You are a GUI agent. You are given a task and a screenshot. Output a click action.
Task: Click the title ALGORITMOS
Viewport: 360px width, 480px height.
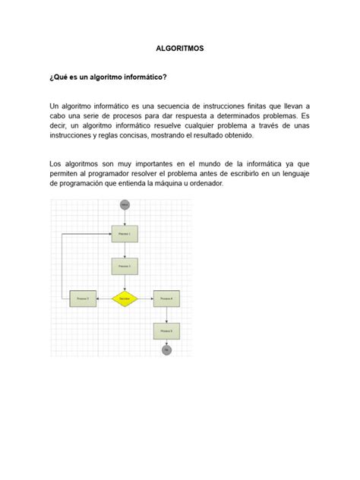point(179,48)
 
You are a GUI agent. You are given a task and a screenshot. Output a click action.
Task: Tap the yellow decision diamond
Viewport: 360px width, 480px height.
point(125,299)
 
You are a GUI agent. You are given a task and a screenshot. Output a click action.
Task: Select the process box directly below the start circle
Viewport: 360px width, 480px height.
point(125,235)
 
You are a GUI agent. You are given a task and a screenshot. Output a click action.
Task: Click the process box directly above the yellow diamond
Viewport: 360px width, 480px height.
point(125,267)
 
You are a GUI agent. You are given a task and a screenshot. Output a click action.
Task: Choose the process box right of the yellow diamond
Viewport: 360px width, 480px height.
point(166,299)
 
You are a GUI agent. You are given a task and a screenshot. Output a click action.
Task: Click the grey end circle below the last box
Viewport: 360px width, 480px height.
point(166,349)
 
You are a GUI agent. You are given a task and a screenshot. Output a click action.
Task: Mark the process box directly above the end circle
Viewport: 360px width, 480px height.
point(166,331)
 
